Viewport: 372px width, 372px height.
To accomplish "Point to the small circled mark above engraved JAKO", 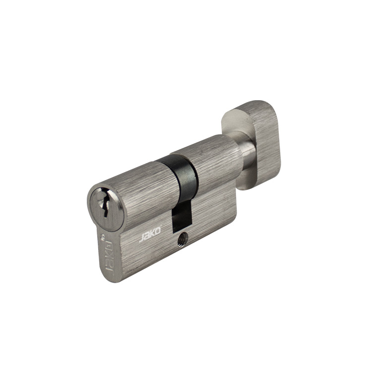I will click(102, 238).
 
